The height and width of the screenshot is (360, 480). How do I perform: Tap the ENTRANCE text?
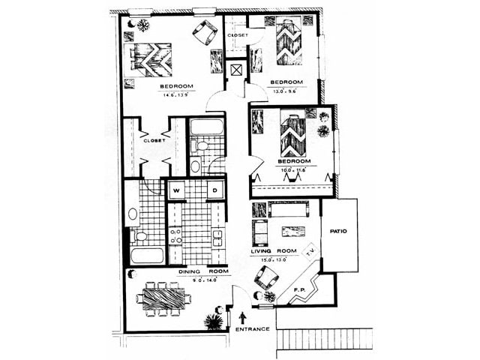[x=253, y=328]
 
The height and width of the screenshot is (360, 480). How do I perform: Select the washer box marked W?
[x=176, y=190]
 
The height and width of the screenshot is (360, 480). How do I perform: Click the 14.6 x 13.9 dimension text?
[x=175, y=96]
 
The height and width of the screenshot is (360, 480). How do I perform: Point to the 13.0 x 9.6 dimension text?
[x=286, y=90]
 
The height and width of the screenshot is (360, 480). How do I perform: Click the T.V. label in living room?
[x=309, y=254]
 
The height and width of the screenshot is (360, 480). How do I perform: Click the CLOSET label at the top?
[x=238, y=34]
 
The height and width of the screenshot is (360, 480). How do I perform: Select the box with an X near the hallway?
[x=237, y=71]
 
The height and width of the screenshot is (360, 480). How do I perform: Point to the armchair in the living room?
[x=267, y=278]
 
